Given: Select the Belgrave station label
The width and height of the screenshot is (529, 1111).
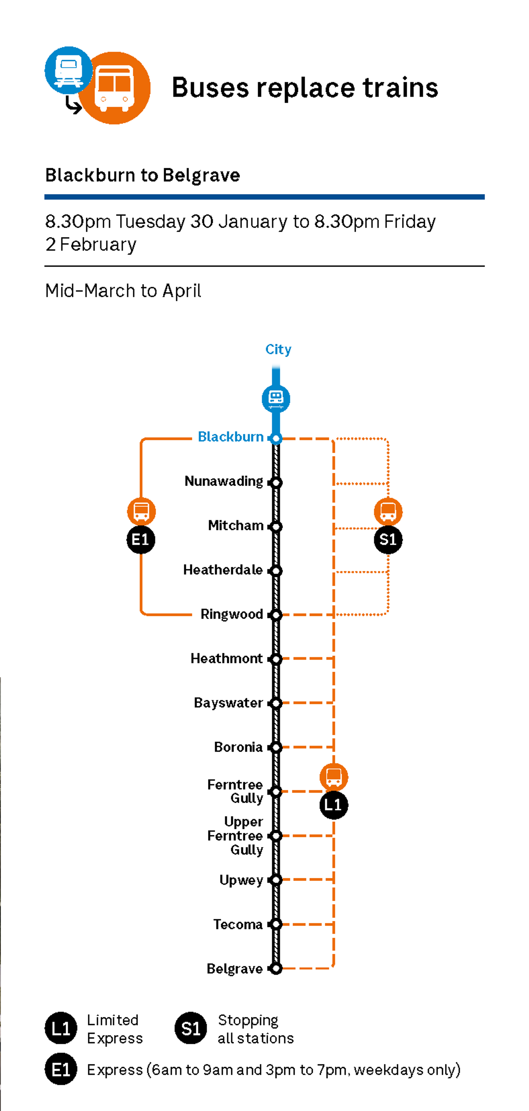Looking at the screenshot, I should click(x=234, y=969).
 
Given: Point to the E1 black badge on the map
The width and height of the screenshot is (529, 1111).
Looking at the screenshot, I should click(x=141, y=540).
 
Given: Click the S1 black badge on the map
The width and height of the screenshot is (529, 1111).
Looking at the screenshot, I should click(x=388, y=540).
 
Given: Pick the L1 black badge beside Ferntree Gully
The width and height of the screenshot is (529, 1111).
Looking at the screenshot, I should click(x=333, y=805).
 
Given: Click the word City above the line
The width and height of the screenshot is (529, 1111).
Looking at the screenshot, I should click(x=278, y=349).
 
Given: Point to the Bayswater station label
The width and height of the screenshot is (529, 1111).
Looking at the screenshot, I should click(x=228, y=703).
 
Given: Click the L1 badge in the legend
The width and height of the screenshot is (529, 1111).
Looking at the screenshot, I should click(x=61, y=1029).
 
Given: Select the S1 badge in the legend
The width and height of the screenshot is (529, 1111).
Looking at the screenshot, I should click(x=191, y=1029).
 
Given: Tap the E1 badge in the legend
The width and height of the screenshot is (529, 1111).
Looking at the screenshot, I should click(x=61, y=1069).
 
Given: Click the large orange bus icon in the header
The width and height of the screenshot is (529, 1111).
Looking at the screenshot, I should click(x=114, y=88).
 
